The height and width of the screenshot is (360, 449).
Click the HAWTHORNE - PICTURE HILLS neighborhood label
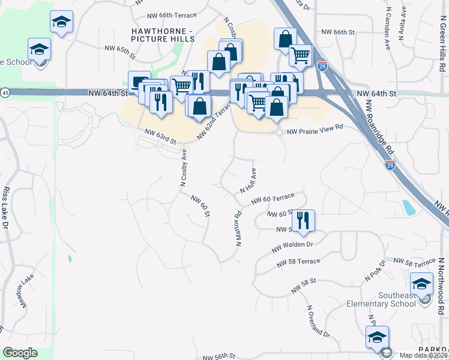(x=164, y=34)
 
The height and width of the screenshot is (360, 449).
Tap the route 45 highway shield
(x=5, y=92)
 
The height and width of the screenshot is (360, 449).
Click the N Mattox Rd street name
(x=238, y=230)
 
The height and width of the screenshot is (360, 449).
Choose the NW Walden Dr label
(x=293, y=245)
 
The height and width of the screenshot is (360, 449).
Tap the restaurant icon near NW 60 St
(x=304, y=220)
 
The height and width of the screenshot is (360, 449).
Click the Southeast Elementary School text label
(x=397, y=299)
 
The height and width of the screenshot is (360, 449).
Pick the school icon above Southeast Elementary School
(x=421, y=282)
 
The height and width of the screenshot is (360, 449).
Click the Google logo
(x=20, y=353)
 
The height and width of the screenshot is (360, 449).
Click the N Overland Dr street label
(x=318, y=321)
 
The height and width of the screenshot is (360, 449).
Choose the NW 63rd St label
(x=160, y=137)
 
